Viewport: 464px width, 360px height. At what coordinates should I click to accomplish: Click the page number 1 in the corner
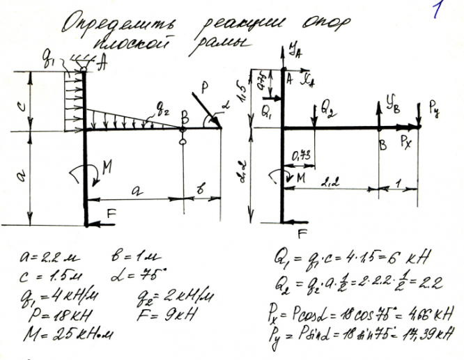click(x=437, y=12)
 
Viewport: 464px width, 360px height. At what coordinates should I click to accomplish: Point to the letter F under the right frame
click(x=302, y=233)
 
